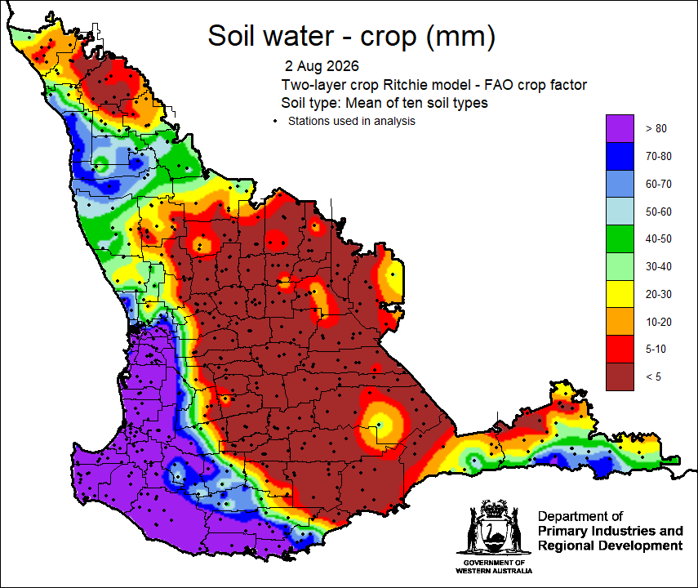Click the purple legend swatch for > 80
coord(620,128)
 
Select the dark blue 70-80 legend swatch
coord(620,156)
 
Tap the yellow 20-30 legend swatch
coord(620,294)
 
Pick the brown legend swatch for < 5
coord(620,376)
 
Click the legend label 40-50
coord(658,238)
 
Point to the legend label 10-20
coord(658,322)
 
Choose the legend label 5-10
coord(656,350)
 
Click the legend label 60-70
coord(658,184)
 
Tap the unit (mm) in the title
coord(460,36)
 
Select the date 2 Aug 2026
coord(322,66)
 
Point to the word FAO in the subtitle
coord(498,85)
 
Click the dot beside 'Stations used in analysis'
coord(276,121)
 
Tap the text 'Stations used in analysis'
coord(352,121)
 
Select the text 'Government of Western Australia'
coord(494,567)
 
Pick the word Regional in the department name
coord(567,546)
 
